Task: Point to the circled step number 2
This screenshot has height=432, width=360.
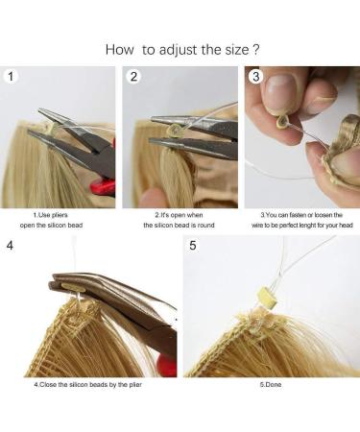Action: click(134, 76)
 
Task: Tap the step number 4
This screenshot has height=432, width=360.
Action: click(10, 245)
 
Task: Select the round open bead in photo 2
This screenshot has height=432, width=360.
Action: click(177, 128)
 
